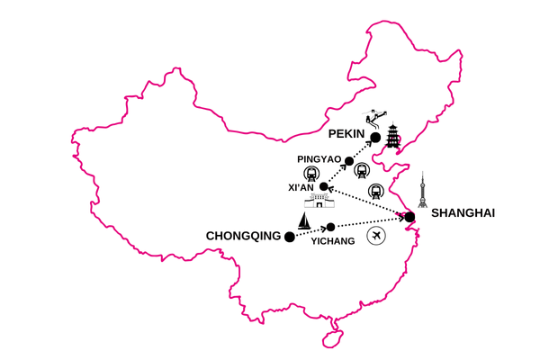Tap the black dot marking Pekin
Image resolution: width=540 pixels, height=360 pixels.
[x=376, y=138]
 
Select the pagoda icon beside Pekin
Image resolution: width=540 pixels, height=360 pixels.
[x=393, y=138]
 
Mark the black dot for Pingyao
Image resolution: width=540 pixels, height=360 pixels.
[x=349, y=161]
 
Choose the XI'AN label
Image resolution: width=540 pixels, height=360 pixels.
[x=305, y=187]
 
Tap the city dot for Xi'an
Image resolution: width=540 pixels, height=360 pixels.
[x=324, y=186]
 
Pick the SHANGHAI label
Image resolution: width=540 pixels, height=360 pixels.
[x=463, y=214]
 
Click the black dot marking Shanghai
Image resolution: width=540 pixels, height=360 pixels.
[x=409, y=217]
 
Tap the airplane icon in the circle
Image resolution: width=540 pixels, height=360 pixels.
[x=376, y=237]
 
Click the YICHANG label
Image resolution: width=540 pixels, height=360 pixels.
[x=334, y=241]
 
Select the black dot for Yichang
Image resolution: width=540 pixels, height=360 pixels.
[x=330, y=226]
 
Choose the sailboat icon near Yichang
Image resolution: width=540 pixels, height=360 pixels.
[x=307, y=220]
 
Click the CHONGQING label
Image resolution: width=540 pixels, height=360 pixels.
[x=244, y=237]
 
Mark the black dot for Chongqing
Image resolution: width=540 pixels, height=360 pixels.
[x=289, y=237]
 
